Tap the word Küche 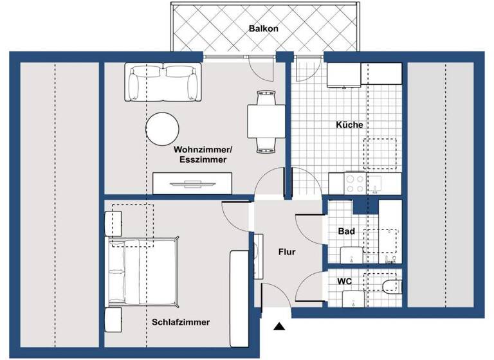point(350,125)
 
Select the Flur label point(287,252)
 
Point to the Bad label point(346,231)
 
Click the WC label point(345,282)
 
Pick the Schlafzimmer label point(181,322)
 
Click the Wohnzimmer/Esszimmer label point(200,155)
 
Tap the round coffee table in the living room point(161,129)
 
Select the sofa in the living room point(161,82)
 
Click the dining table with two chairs point(263,122)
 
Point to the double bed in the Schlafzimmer point(142,270)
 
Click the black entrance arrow point(279,327)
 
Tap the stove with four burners point(355,183)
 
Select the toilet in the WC point(390,285)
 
